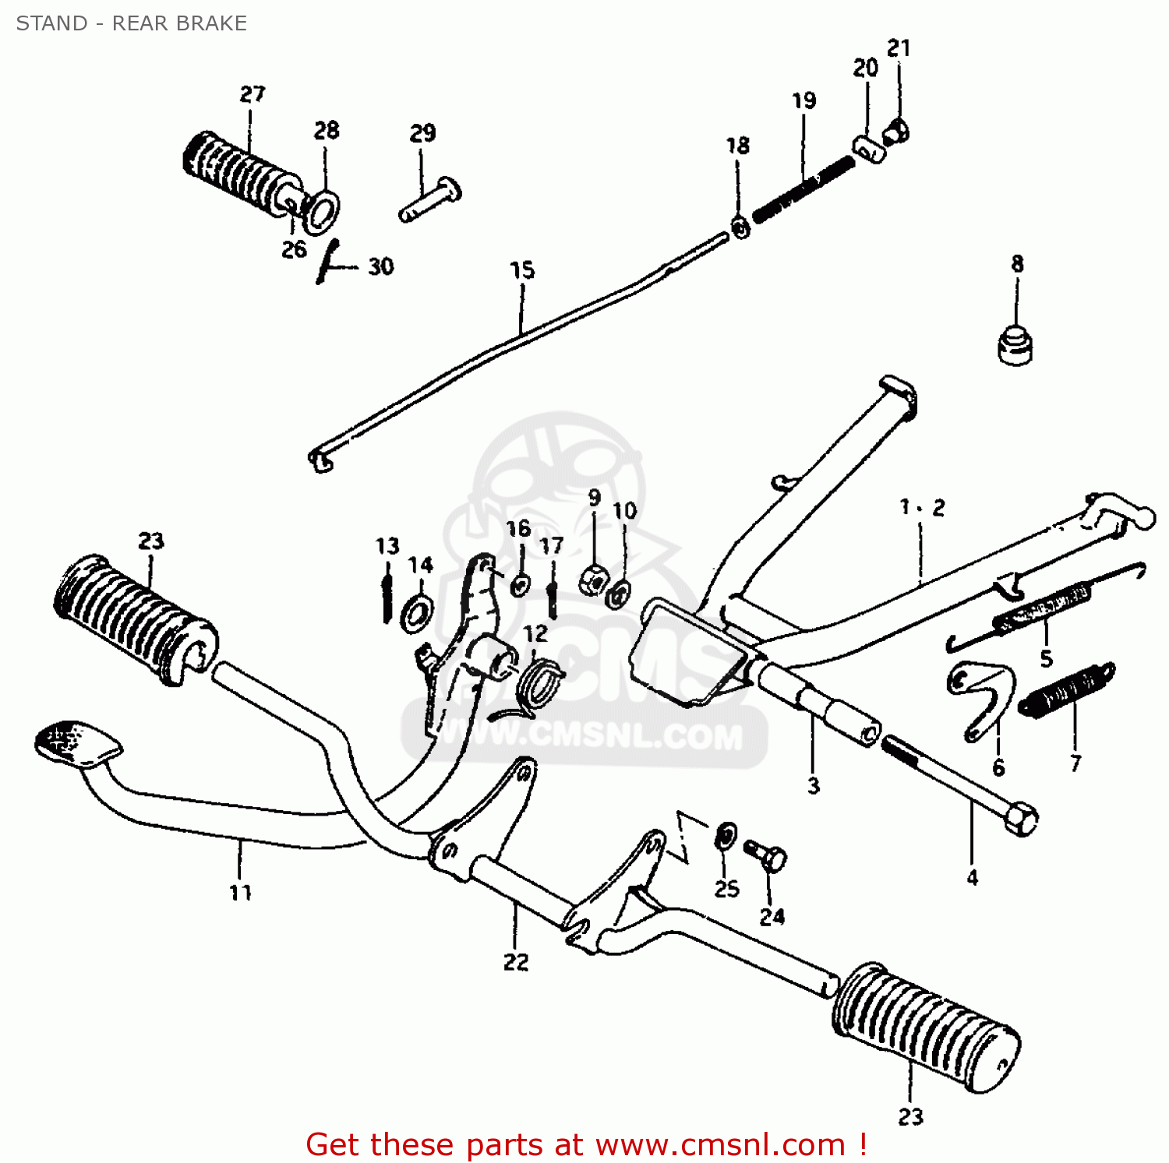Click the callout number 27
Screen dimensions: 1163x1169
[252, 94]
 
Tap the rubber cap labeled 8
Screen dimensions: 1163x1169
[1015, 344]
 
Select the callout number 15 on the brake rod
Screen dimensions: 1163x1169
[522, 270]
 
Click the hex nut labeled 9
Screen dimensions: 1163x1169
[594, 579]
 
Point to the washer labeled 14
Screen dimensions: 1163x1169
[418, 612]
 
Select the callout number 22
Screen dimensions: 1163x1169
[515, 962]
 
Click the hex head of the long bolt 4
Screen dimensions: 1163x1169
[1021, 819]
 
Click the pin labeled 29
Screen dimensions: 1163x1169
[429, 200]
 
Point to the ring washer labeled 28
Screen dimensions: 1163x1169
[323, 210]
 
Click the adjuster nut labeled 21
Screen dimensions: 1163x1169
[896, 132]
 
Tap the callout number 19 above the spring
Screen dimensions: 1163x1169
[803, 100]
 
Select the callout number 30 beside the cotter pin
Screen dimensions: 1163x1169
[380, 266]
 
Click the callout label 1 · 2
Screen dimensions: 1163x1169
[922, 508]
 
